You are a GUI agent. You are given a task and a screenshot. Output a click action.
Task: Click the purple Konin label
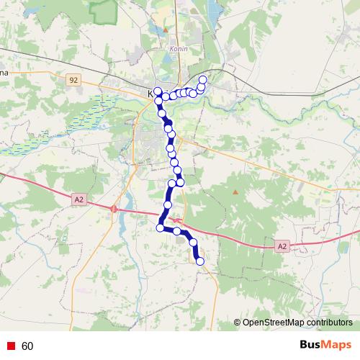[x=178, y=48]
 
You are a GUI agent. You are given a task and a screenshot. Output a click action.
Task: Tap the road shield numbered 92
[x=74, y=80]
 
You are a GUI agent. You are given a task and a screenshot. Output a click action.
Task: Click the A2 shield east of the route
[x=282, y=246]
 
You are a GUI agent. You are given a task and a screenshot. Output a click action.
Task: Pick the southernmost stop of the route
[x=200, y=261]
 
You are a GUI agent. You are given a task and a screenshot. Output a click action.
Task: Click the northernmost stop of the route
[x=202, y=79]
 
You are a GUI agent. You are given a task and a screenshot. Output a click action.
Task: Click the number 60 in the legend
[x=27, y=346]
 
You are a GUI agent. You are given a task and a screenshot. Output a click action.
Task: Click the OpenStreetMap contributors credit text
[x=297, y=323]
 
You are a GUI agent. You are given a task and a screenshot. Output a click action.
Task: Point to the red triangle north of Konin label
[x=166, y=30]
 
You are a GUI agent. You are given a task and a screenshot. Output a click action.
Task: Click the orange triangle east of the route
[x=235, y=192]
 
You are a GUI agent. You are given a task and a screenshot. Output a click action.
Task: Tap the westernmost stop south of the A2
[x=161, y=228]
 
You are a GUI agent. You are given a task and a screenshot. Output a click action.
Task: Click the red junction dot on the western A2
[x=114, y=208]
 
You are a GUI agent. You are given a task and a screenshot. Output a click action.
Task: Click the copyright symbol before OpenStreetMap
[x=238, y=323]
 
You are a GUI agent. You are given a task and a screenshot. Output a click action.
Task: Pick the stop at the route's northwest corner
[x=157, y=91]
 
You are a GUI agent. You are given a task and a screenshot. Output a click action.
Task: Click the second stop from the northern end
[x=201, y=87]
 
